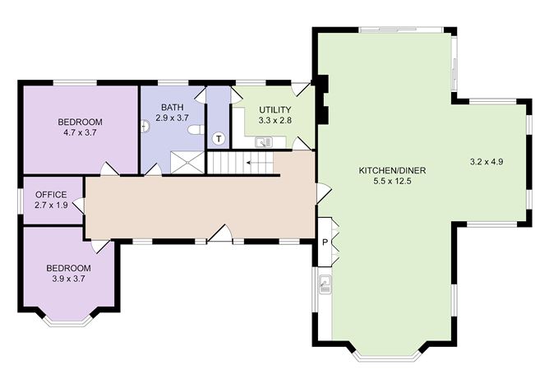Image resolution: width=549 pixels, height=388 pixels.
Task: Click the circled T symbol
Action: point(219,139)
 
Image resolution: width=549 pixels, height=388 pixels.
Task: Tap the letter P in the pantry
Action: point(325,242)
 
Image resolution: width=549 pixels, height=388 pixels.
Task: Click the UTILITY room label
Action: point(275,110)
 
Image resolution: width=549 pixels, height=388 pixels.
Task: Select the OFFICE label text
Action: point(51,195)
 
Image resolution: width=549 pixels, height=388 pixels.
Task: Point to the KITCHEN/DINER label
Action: point(393,170)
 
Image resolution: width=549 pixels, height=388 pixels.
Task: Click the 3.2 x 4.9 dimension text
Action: point(487,162)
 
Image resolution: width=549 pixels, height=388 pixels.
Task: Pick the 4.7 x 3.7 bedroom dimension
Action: point(81,133)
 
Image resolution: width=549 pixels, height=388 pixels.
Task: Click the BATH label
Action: point(173,107)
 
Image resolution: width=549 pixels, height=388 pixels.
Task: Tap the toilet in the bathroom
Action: point(195,130)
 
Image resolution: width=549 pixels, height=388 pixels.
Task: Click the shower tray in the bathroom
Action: point(187,162)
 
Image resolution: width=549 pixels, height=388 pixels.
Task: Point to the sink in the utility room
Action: point(264,142)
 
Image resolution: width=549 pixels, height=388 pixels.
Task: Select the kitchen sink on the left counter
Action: point(325,284)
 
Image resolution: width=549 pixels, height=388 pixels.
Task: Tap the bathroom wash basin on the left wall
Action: point(145,126)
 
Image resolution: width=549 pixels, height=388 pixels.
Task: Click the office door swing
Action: point(79,206)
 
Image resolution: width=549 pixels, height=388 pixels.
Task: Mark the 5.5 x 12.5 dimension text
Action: point(392,182)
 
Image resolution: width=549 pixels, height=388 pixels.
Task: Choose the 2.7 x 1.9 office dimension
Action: point(51,206)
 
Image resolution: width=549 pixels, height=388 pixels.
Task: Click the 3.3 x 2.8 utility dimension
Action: point(275,121)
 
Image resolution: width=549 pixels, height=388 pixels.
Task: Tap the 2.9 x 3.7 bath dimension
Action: point(173,118)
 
